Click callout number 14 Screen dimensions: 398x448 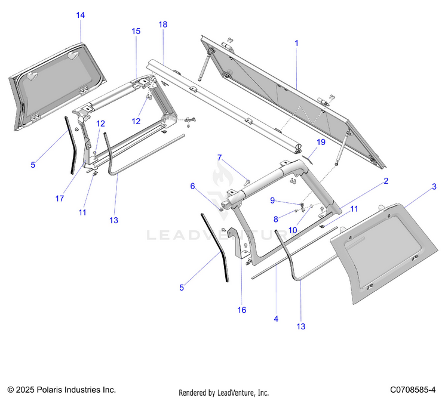(81, 15)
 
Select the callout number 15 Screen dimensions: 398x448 (136, 30)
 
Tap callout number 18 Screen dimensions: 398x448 (162, 24)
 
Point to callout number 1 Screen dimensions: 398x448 (296, 43)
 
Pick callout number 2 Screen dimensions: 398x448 (386, 180)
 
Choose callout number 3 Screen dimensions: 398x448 (434, 187)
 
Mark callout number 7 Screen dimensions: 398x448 (219, 158)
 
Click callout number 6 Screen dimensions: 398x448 (193, 186)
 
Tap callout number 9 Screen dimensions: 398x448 (272, 200)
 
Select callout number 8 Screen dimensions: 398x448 (275, 219)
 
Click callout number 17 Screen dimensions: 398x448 (60, 199)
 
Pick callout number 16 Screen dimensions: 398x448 (242, 310)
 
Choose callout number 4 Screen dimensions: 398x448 (276, 319)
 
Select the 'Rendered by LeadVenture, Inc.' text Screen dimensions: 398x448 (224, 392)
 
